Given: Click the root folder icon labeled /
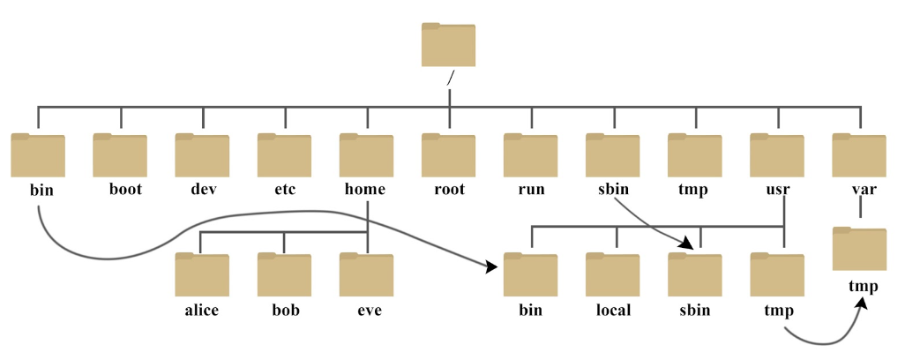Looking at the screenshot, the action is (x=448, y=45).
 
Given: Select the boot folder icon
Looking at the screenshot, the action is (x=120, y=155).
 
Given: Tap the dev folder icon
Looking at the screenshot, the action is (x=202, y=155).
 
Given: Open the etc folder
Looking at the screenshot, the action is (x=284, y=155).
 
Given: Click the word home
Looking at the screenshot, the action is (x=365, y=189).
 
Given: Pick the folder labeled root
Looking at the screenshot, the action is (x=448, y=155).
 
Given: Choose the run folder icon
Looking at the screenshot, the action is (x=530, y=155).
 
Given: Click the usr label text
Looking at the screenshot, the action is (x=778, y=190).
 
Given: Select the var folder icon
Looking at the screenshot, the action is (x=859, y=155).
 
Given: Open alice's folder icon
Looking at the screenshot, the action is (x=202, y=274).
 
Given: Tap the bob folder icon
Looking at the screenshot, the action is (x=284, y=274).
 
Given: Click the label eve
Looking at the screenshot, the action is (x=370, y=310).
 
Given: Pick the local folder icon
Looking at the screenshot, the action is (x=612, y=274).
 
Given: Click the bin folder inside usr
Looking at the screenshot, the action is (x=530, y=274).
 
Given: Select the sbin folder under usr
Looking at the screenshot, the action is (x=695, y=274).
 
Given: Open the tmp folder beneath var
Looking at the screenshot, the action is (x=859, y=249).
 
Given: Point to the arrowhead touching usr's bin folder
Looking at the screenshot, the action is (x=491, y=267).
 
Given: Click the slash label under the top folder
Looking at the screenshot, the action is (x=451, y=79).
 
